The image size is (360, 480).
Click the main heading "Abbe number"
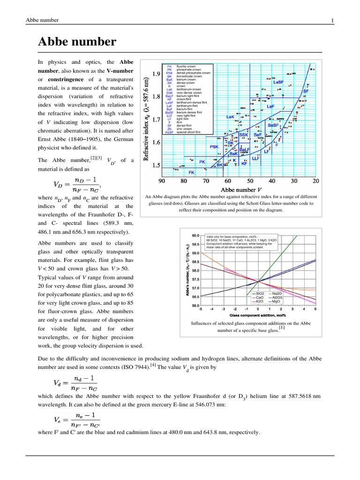click(x=77, y=42)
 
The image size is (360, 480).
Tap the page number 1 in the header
click(x=332, y=20)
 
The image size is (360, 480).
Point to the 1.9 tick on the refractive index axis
click(x=156, y=74)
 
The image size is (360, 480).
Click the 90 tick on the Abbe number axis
click(x=162, y=180)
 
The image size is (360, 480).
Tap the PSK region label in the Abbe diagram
click(x=214, y=147)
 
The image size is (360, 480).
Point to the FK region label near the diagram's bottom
click(x=191, y=172)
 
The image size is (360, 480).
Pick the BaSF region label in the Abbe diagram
click(x=274, y=126)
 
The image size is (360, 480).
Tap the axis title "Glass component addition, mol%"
click(x=258, y=315)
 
